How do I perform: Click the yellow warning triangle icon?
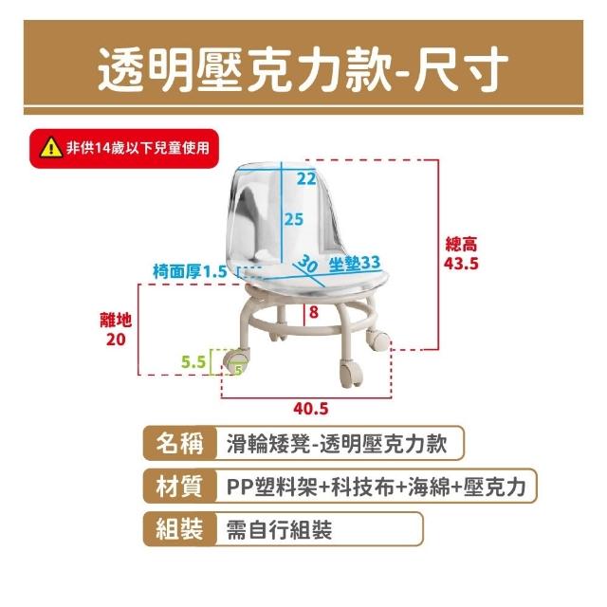[51, 149]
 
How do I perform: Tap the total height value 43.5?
[461, 264]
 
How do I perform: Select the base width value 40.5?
[311, 409]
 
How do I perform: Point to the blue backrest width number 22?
[306, 178]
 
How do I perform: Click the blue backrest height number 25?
[294, 219]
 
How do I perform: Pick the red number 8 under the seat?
[314, 312]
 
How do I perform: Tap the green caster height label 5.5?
[193, 362]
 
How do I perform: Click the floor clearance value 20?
[116, 340]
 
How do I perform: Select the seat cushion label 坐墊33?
[355, 263]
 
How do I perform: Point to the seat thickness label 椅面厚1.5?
[190, 271]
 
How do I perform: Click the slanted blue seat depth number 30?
[307, 264]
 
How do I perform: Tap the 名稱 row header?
[179, 443]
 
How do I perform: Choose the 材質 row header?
[179, 487]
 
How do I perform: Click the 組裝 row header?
[179, 529]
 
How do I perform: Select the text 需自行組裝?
[279, 529]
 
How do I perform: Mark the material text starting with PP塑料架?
[377, 487]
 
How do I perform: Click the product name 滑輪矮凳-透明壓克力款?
[337, 444]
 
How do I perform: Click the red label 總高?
[462, 245]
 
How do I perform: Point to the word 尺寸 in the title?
[461, 69]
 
